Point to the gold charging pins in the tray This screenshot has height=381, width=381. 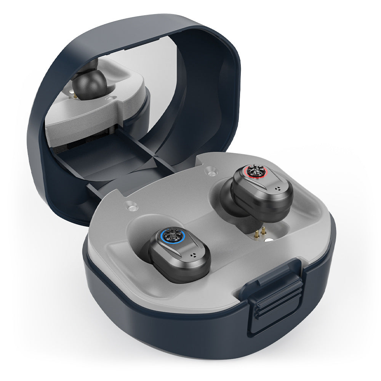tap(260, 232)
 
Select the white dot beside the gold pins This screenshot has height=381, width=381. tap(269, 240)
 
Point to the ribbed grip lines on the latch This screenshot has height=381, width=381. tap(278, 301)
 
